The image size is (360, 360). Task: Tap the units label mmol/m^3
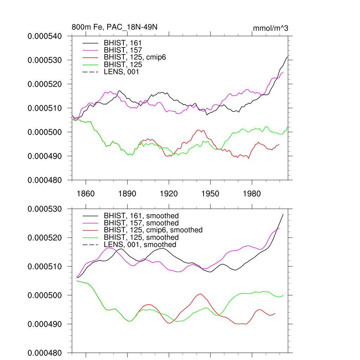270,28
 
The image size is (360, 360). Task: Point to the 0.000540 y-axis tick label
44,36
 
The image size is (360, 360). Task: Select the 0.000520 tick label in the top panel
44,84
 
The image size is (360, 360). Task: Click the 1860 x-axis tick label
85,194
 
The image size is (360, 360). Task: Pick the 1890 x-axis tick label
127,194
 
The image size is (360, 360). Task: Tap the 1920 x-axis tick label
169,194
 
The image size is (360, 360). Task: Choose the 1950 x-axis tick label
210,194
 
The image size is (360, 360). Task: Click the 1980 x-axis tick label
252,194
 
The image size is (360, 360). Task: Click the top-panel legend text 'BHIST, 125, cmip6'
135,57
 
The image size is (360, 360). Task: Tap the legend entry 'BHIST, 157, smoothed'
141,223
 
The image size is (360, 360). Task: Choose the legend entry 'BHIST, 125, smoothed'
141,237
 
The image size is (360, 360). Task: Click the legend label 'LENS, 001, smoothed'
140,245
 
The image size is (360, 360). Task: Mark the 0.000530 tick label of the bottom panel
44,209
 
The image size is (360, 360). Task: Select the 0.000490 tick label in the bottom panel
44,324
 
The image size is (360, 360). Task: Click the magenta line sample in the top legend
90,50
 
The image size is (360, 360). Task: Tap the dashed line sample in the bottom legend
90,245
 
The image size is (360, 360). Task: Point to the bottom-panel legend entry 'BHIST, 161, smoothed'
141,216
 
